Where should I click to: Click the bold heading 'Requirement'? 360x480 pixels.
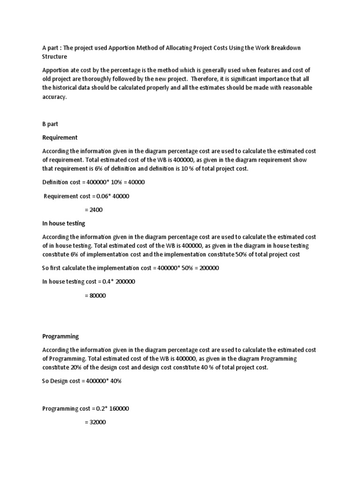(60, 138)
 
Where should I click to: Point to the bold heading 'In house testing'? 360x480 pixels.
(64, 224)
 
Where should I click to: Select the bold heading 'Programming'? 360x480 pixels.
(60, 337)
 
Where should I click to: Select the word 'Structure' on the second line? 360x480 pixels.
(55, 57)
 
